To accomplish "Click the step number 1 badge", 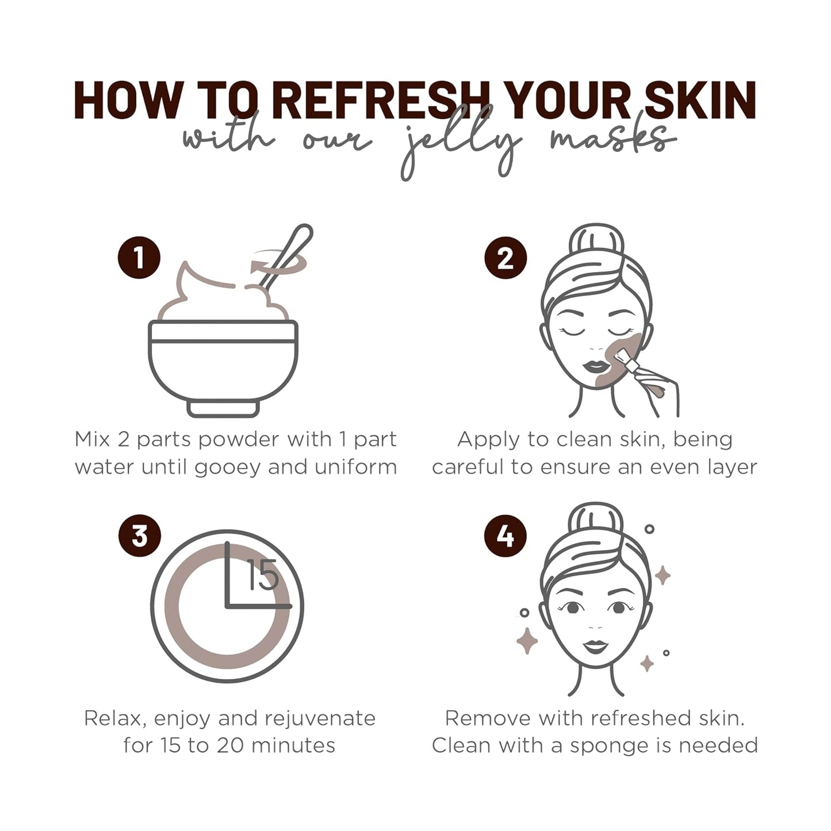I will pos(139,258).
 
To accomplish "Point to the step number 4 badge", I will pos(506,536).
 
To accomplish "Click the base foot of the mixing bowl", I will pos(223,408).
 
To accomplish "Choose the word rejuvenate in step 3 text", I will pos(320,719).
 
